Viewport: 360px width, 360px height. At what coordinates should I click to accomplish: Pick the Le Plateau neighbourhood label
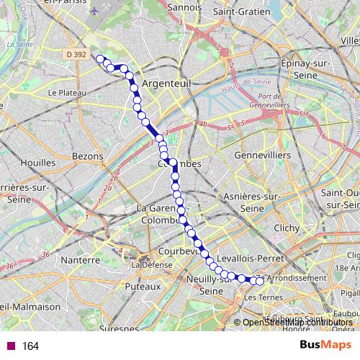pos(67,93)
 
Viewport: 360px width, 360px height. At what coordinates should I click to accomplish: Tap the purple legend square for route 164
pos(9,346)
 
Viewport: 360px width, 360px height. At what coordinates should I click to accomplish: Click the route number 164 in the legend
pos(30,346)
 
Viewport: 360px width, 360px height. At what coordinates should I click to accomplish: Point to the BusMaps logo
pos(325,345)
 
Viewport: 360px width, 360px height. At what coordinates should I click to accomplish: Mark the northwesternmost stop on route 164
pos(100,58)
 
